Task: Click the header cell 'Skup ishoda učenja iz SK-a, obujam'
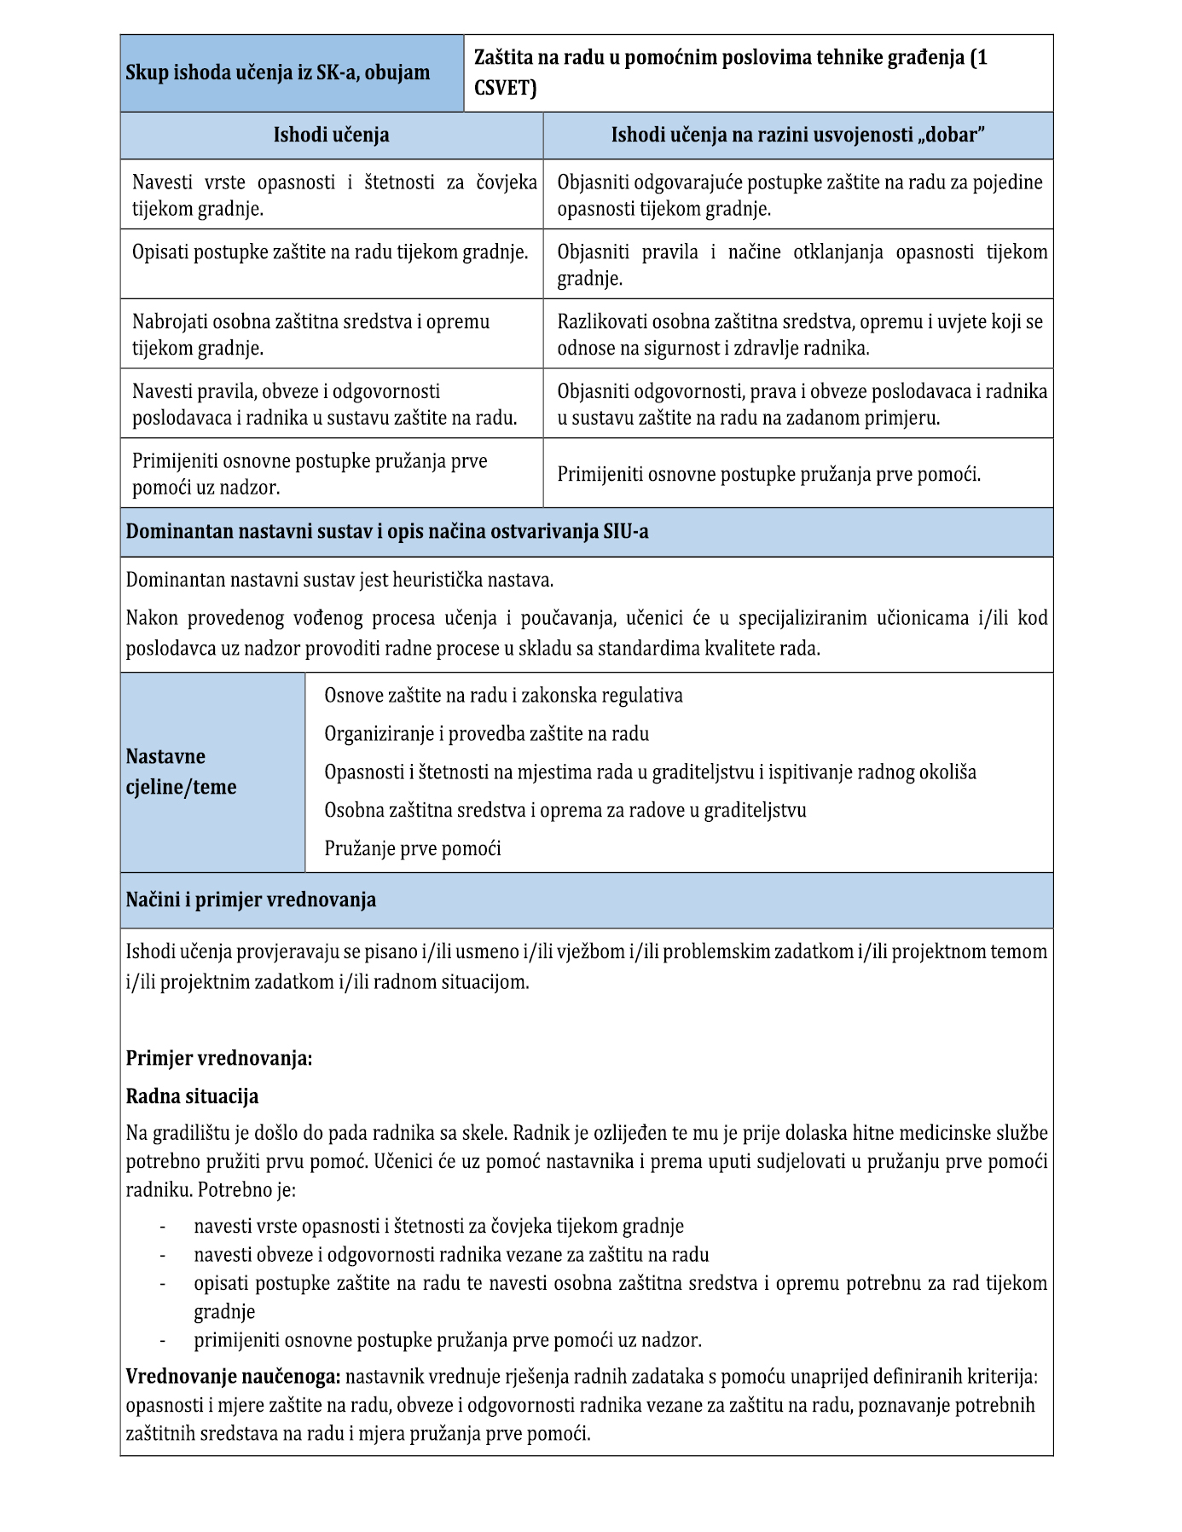278,73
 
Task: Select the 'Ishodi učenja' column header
331,135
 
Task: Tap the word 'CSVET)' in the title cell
505,88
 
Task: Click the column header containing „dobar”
797,135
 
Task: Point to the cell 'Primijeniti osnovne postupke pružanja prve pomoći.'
768,474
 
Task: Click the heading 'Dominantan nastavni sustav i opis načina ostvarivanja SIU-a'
387,532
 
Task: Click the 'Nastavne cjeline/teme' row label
181,772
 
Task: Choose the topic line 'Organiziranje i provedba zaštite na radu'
486,734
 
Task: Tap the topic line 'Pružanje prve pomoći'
413,848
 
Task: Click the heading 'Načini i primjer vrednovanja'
251,900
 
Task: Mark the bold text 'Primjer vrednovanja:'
219,1059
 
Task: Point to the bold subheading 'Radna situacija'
192,1096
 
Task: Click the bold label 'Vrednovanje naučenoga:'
233,1376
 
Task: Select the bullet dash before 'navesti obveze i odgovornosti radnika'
162,1255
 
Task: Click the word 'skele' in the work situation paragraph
485,1133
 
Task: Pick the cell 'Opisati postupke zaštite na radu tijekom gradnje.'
330,252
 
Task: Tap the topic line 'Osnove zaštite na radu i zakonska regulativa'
503,696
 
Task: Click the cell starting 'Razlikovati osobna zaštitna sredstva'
799,334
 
